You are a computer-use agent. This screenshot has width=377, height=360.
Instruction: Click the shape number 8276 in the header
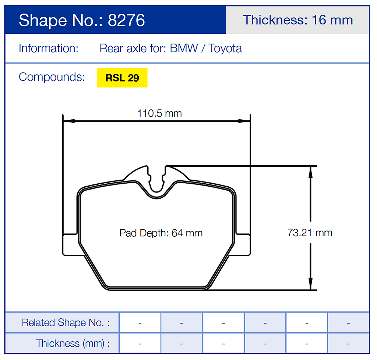point(126,20)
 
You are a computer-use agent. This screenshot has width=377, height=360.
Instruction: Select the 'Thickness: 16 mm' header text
point(297,20)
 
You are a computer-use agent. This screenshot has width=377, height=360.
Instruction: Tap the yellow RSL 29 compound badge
point(122,78)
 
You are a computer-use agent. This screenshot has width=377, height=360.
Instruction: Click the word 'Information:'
point(49,49)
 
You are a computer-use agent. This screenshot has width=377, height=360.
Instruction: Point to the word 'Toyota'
point(225,49)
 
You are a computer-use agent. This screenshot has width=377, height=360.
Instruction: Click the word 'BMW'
point(184,49)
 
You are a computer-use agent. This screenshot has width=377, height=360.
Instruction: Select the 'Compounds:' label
point(52,77)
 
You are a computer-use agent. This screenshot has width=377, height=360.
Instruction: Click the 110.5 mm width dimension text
point(159,113)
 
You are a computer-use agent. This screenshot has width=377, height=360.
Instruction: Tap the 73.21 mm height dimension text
point(310,233)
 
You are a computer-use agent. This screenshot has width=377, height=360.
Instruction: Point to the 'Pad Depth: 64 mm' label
point(161,233)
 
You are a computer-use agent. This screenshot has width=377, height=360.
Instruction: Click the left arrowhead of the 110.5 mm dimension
point(68,121)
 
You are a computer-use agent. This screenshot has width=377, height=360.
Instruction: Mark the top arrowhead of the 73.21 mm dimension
point(310,171)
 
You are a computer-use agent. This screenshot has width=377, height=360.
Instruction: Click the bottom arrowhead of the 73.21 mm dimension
point(310,284)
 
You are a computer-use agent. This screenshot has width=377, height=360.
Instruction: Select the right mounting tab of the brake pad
point(243,244)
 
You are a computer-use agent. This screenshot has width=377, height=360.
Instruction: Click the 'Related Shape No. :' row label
point(66,323)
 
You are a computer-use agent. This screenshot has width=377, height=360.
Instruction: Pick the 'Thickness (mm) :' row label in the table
point(73,343)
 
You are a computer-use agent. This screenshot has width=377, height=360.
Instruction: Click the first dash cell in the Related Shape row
point(140,323)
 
